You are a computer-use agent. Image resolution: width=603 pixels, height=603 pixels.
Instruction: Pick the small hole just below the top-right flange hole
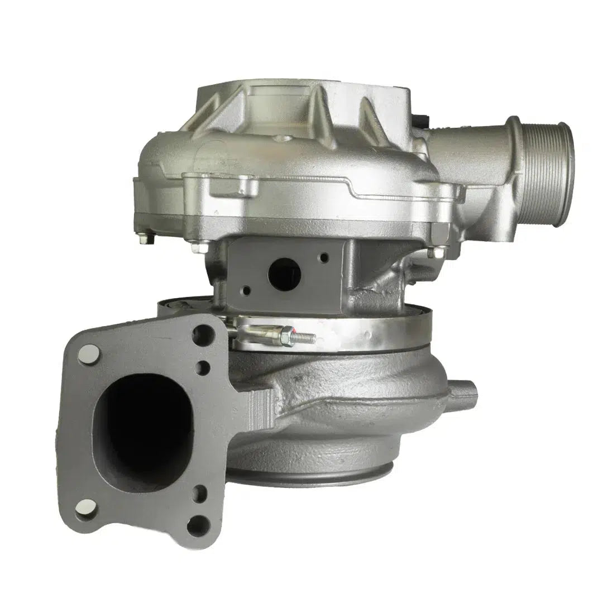click(204, 366)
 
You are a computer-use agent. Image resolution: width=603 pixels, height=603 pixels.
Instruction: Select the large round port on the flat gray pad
click(285, 272)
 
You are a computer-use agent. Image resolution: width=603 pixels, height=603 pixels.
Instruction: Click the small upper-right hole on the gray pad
click(323, 258)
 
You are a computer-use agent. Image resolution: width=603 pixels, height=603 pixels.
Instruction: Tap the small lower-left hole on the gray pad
click(246, 290)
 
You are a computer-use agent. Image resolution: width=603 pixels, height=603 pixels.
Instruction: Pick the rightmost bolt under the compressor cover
click(432, 252)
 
